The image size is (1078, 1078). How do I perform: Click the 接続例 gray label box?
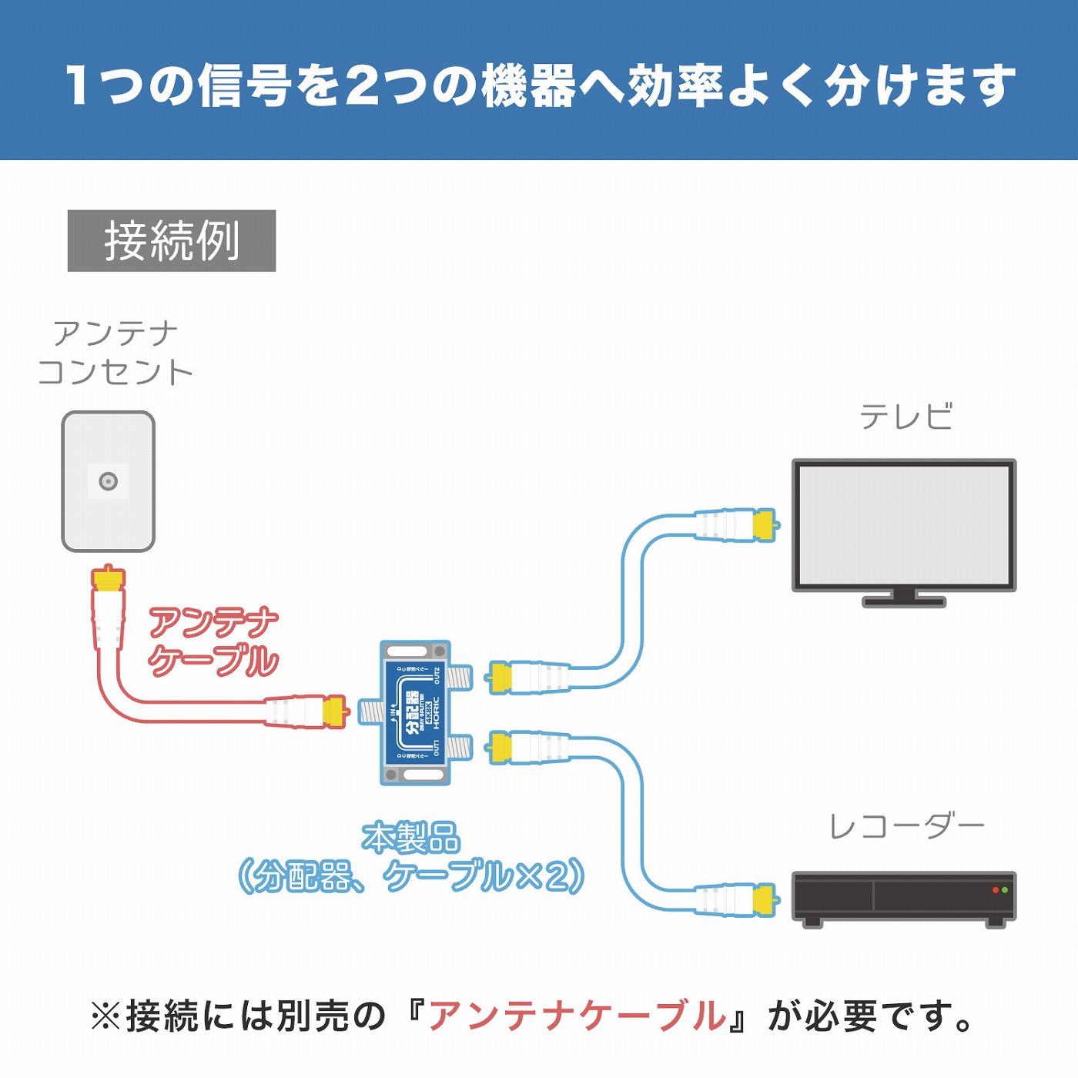coord(171,240)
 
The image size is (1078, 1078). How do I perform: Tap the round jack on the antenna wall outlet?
coord(109,482)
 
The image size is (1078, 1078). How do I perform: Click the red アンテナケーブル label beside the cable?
coord(213,641)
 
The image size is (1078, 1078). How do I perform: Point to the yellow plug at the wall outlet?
coord(109,579)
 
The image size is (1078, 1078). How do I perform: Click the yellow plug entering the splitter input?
coord(335,711)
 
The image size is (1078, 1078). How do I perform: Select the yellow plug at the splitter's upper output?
coord(500,678)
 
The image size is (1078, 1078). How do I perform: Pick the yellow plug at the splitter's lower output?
coord(500,748)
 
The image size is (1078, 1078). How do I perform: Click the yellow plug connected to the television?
coord(763,525)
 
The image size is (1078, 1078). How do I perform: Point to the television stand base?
coord(904,601)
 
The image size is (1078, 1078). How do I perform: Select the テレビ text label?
coord(906,417)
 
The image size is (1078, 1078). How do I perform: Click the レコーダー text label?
coord(906,827)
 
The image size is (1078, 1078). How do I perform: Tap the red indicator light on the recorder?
coord(995,890)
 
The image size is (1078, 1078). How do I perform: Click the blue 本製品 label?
coord(411,839)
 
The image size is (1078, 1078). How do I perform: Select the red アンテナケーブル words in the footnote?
coord(577,1016)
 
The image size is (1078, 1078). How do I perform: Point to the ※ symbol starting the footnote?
coord(105,1016)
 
